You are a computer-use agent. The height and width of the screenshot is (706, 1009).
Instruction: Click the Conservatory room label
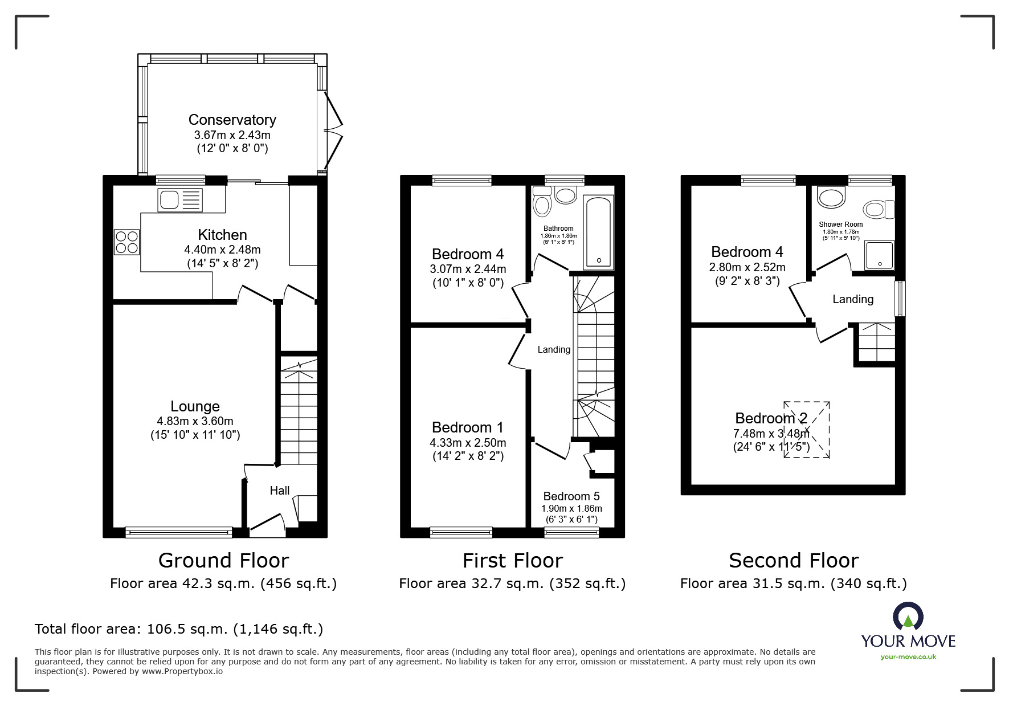[232, 120]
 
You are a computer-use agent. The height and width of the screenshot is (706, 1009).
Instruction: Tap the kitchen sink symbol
[181, 200]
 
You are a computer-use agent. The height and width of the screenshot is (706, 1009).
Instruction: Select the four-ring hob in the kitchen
[126, 242]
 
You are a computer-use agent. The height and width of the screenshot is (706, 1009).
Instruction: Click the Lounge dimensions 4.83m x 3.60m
[195, 422]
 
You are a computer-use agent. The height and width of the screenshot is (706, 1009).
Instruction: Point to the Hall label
[279, 491]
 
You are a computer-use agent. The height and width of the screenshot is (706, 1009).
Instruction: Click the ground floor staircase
[299, 410]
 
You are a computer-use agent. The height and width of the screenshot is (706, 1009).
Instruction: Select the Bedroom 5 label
[571, 496]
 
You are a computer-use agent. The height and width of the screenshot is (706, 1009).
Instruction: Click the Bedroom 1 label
[467, 427]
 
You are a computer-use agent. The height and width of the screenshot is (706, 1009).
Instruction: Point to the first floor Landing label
[554, 349]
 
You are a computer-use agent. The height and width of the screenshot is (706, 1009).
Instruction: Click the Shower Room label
[840, 225]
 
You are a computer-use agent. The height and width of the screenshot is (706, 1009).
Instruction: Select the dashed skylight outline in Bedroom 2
[806, 430]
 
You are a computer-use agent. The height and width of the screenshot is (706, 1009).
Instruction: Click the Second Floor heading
[793, 561]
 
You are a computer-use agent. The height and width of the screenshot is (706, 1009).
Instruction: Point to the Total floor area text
[179, 629]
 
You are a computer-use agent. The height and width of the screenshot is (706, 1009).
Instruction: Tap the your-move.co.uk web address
[908, 657]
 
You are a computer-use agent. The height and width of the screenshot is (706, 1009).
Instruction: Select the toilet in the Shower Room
[879, 209]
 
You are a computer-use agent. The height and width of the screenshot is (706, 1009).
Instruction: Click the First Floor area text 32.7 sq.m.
[512, 583]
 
